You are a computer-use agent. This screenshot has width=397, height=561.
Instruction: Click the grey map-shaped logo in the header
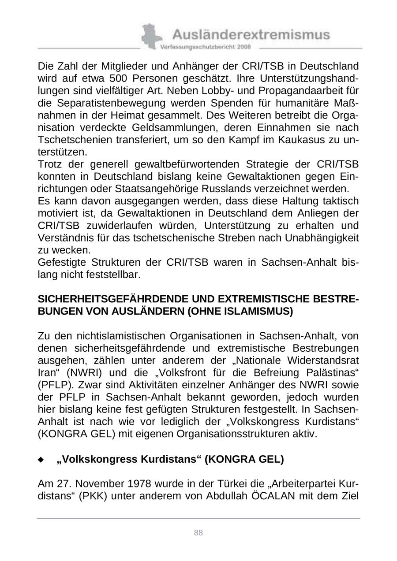pyautogui.click(x=150, y=36)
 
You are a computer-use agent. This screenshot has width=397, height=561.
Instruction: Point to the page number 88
pyautogui.click(x=198, y=533)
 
